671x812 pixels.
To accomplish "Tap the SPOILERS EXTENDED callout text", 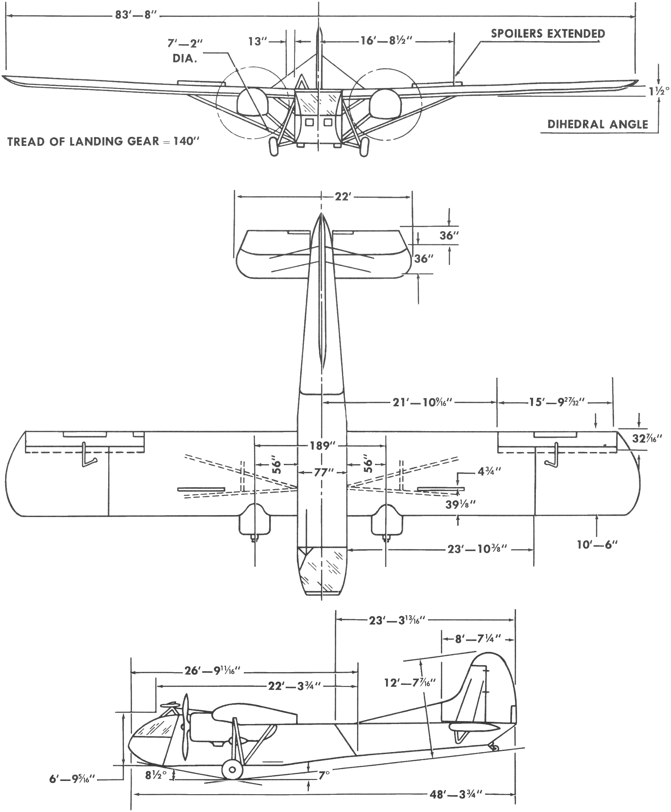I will [x=548, y=34].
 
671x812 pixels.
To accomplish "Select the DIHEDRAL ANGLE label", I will [x=598, y=124].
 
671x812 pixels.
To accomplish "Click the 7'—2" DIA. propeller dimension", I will [x=185, y=50].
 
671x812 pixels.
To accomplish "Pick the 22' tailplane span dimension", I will [x=343, y=197].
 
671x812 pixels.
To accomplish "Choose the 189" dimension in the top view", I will [x=322, y=446].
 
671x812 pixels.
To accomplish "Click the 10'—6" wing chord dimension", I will [x=597, y=545].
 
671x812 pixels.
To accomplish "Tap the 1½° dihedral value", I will [x=659, y=91].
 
